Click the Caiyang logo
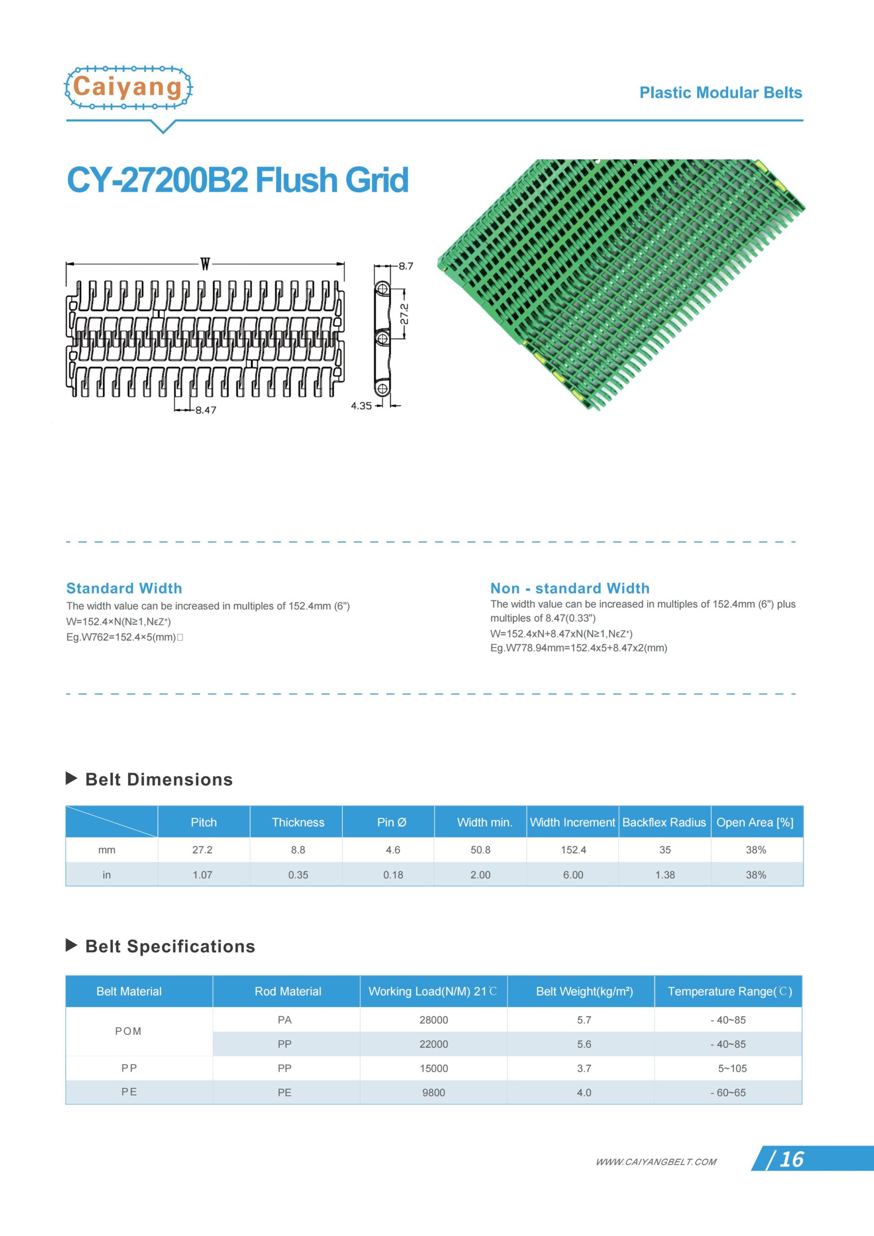coord(128,88)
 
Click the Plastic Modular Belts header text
coord(720,93)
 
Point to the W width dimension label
coord(205,264)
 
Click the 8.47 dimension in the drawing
coord(206,410)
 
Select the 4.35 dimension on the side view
coord(361,406)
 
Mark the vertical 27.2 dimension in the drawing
coord(405,314)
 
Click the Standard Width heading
coord(124,588)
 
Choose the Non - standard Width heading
coord(570,588)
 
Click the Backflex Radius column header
coord(664,822)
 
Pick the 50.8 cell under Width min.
coord(480,850)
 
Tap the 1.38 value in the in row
coord(665,875)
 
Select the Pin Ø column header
coord(392,822)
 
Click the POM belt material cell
coord(128,1031)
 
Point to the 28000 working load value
coord(434,1020)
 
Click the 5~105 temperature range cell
coord(732,1068)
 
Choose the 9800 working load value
coord(434,1092)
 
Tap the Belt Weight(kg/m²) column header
coord(584,991)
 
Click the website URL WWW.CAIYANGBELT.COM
coord(655,1162)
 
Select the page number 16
coord(791,1160)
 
